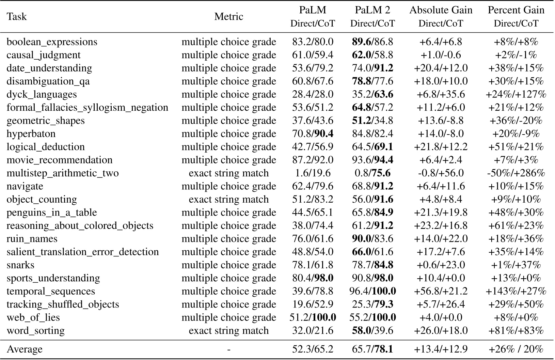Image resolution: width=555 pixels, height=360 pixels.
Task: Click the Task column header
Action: (x=16, y=16)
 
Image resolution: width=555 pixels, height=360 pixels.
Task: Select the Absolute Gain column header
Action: (x=441, y=10)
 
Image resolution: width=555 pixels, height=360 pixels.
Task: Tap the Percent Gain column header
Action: (x=516, y=10)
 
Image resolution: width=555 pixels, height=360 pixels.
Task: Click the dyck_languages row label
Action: (x=42, y=94)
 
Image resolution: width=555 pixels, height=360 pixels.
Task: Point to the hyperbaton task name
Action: (x=31, y=134)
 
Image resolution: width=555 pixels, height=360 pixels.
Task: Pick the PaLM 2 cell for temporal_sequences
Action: (x=372, y=292)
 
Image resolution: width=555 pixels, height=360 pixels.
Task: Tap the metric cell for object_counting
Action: (x=228, y=200)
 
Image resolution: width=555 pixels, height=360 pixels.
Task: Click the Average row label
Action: (x=25, y=349)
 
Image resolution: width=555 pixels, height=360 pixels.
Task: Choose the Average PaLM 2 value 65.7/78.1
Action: (x=372, y=349)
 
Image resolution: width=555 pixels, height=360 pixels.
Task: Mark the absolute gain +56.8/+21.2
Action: (x=441, y=292)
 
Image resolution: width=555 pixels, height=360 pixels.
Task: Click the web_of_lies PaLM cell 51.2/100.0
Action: (x=313, y=318)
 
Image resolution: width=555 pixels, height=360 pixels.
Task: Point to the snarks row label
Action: (x=20, y=265)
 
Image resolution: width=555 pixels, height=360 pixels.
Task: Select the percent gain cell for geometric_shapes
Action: (x=516, y=121)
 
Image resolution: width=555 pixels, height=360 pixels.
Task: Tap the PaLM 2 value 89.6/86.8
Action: (x=372, y=42)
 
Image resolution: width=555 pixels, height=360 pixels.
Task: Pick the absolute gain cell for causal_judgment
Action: (x=441, y=55)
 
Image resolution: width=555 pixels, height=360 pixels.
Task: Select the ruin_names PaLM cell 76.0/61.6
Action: (x=313, y=239)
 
